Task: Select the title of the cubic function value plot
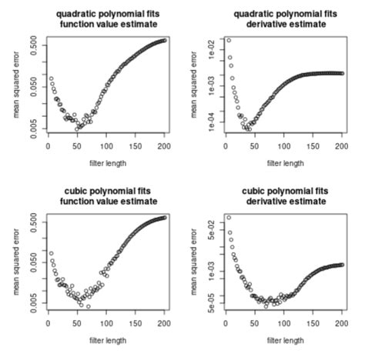tap(106, 195)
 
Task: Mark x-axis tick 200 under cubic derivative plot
tap(340, 325)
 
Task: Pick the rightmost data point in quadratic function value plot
tap(164, 40)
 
